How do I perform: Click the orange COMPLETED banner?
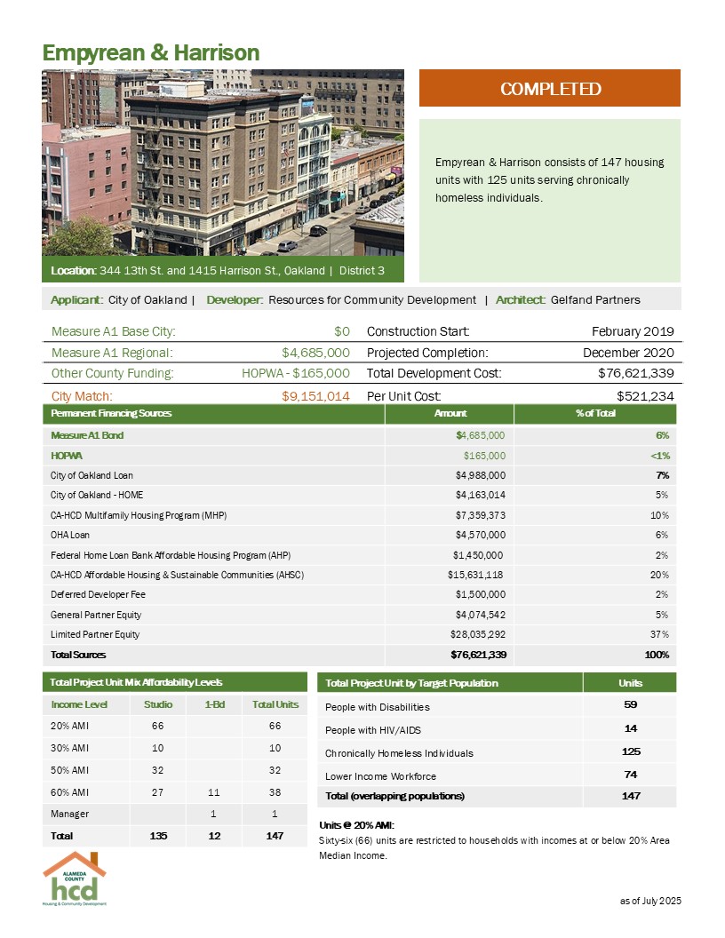549,89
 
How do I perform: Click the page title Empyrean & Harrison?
151,53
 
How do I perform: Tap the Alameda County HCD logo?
75,878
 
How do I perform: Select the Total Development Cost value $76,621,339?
633,374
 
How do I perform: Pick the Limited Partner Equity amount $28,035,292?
477,634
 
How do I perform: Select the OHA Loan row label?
70,535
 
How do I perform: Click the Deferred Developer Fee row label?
92,594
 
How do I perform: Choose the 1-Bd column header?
213,704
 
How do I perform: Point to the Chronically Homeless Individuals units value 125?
630,752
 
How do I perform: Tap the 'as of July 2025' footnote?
649,902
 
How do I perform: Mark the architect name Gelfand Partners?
595,299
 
